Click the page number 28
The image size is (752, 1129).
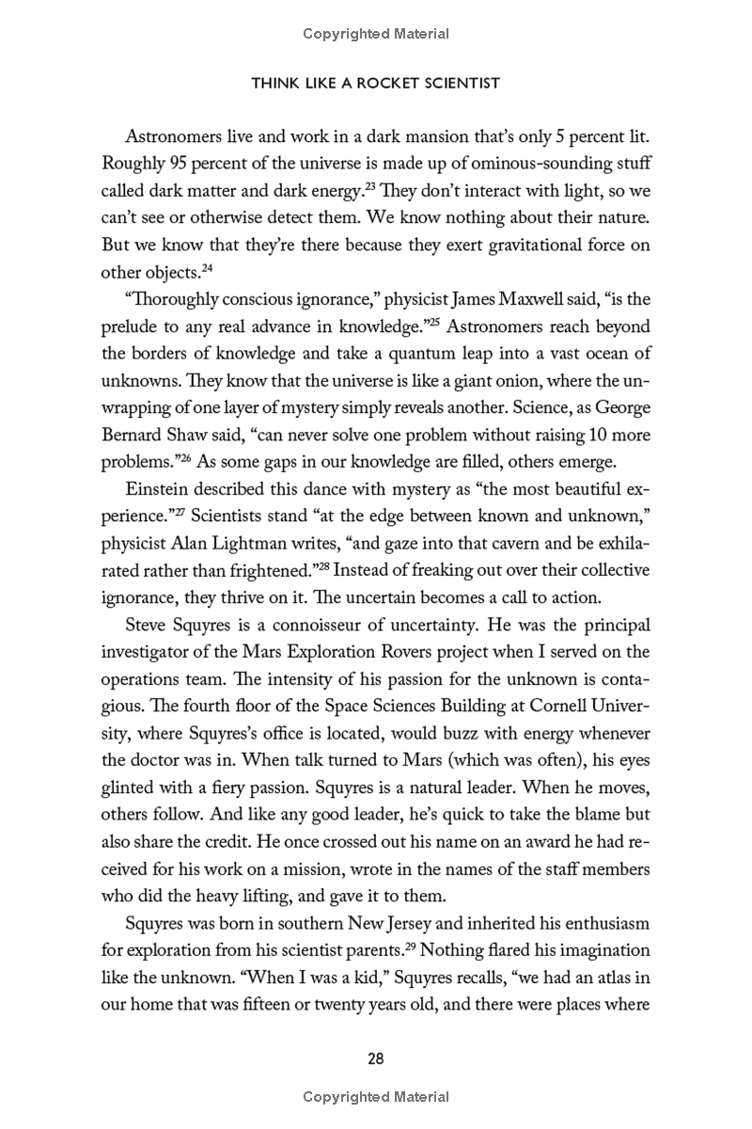pyautogui.click(x=375, y=1058)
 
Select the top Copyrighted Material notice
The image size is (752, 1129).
pyautogui.click(x=376, y=34)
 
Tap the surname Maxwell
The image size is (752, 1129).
pyautogui.click(x=509, y=304)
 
